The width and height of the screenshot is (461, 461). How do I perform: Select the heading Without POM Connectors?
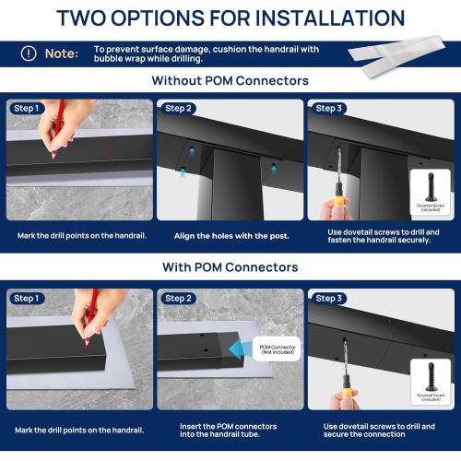pyautogui.click(x=230, y=81)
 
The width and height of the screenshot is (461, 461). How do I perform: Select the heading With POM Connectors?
pyautogui.click(x=230, y=267)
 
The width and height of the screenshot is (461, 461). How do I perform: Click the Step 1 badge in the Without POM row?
pyautogui.click(x=27, y=109)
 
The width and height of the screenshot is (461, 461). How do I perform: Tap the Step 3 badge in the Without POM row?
pyautogui.click(x=329, y=109)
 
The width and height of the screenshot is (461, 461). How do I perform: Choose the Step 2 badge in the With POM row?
pyautogui.click(x=178, y=299)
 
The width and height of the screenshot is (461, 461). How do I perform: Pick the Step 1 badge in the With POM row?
pyautogui.click(x=27, y=299)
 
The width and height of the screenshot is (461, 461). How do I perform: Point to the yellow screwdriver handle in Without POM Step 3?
pyautogui.click(x=339, y=210)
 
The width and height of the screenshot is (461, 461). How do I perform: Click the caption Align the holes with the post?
pyautogui.click(x=231, y=236)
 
